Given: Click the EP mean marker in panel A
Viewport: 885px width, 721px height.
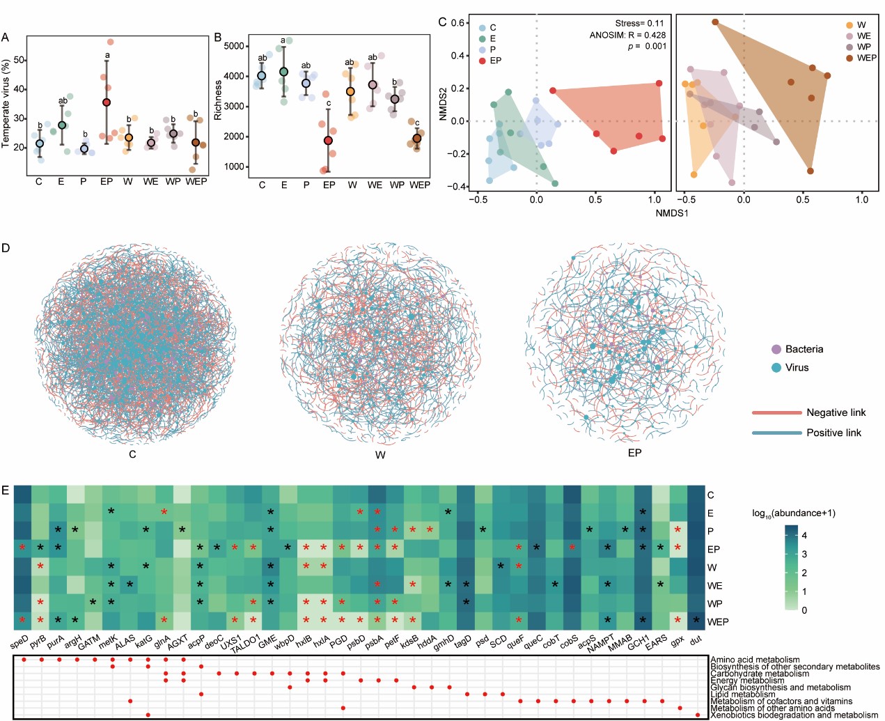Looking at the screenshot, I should [107, 102].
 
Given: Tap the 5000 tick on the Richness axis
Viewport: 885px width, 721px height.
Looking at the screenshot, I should [234, 46].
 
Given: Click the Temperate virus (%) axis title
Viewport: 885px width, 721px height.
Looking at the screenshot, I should [7, 104].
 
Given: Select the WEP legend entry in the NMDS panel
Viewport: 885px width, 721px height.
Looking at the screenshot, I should [866, 58].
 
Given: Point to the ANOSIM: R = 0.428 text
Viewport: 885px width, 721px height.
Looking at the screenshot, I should [627, 35].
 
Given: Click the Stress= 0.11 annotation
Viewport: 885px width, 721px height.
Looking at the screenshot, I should [639, 23].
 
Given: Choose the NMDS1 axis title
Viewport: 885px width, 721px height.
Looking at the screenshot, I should [671, 212].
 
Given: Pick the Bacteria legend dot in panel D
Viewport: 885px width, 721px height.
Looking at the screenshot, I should [776, 349].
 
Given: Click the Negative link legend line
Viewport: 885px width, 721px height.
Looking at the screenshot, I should [776, 412].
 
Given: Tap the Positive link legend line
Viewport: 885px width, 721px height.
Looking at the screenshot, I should [776, 433].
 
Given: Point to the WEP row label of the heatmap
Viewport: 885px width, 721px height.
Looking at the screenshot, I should [717, 621].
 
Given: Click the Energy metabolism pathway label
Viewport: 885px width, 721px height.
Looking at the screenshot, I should [747, 681].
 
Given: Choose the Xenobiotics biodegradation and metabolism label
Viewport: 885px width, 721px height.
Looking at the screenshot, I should [794, 715].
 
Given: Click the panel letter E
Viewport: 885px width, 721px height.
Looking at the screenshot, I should [6, 490].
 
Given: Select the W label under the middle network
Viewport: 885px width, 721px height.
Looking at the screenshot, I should [380, 455].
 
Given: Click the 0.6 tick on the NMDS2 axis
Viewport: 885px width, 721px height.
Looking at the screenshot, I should [457, 23].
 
